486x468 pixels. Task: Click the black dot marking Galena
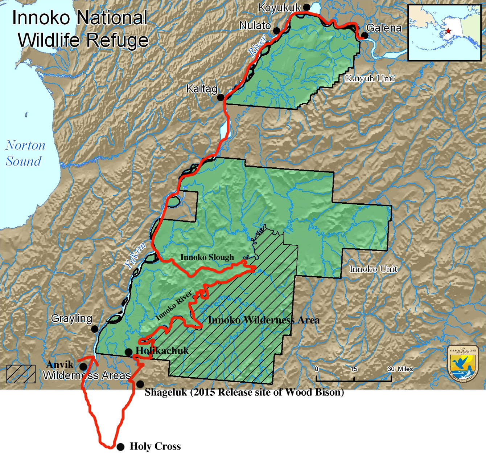(365, 36)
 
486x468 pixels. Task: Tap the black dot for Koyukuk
(306, 7)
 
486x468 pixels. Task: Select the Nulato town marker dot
(276, 31)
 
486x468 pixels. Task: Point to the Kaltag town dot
(220, 97)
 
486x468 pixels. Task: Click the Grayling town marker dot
(95, 329)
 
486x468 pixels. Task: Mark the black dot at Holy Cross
(120, 447)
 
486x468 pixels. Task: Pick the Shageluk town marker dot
(140, 384)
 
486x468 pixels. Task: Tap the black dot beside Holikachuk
(128, 352)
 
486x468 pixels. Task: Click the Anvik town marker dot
(83, 367)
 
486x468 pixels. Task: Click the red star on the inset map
(448, 31)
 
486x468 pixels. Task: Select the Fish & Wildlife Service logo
(463, 363)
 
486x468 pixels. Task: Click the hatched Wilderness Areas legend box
(21, 374)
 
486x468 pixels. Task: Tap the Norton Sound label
(25, 153)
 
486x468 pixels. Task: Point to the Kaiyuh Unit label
(370, 78)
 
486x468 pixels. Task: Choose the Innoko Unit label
(373, 269)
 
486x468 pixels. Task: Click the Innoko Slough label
(207, 257)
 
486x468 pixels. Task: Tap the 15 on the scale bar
(354, 369)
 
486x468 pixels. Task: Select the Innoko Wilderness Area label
(264, 320)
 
